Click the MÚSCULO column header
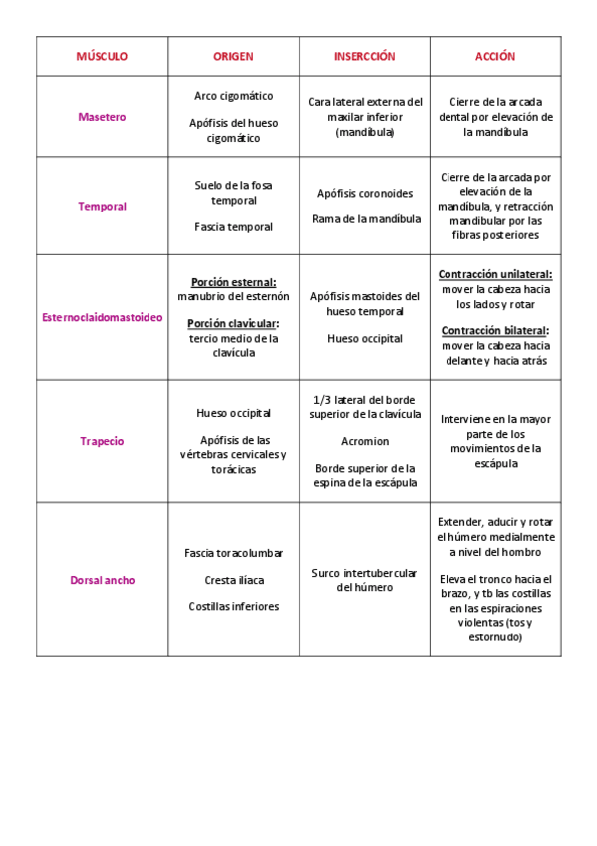coord(102,57)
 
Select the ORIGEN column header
coord(233,57)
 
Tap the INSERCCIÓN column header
coord(364,57)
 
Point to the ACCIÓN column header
coord(495,57)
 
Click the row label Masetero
coord(102,117)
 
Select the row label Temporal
coord(102,207)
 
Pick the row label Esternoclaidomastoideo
coord(102,317)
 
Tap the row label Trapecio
coord(102,441)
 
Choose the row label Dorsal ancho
coord(102,580)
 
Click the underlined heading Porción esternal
coord(233,282)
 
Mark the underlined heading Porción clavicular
coord(233,323)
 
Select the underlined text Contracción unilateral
coord(495,274)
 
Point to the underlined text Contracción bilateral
coord(495,330)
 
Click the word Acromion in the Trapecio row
coord(364,441)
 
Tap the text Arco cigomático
coord(233,96)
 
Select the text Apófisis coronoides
coord(364,194)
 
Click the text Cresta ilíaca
coord(233,579)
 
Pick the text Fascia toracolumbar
coord(233,553)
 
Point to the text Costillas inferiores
coord(233,606)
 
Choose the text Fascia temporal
coord(233,227)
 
